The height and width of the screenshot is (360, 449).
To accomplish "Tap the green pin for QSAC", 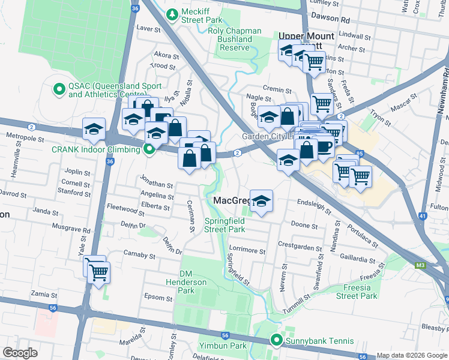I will click(59, 90).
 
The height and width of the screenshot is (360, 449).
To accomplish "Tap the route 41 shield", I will click(423, 216).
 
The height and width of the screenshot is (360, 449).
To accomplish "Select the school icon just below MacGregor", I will click(261, 201).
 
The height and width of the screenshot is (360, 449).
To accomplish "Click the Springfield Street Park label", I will click(224, 225).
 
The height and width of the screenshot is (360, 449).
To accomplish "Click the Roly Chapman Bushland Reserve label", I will click(235, 39).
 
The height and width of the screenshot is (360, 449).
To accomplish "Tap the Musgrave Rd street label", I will click(70, 229).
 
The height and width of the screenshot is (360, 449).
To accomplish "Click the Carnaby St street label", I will click(139, 256).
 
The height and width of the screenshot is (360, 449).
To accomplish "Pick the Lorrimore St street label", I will click(247, 250).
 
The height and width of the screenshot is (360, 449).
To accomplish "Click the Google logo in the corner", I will click(20, 353).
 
